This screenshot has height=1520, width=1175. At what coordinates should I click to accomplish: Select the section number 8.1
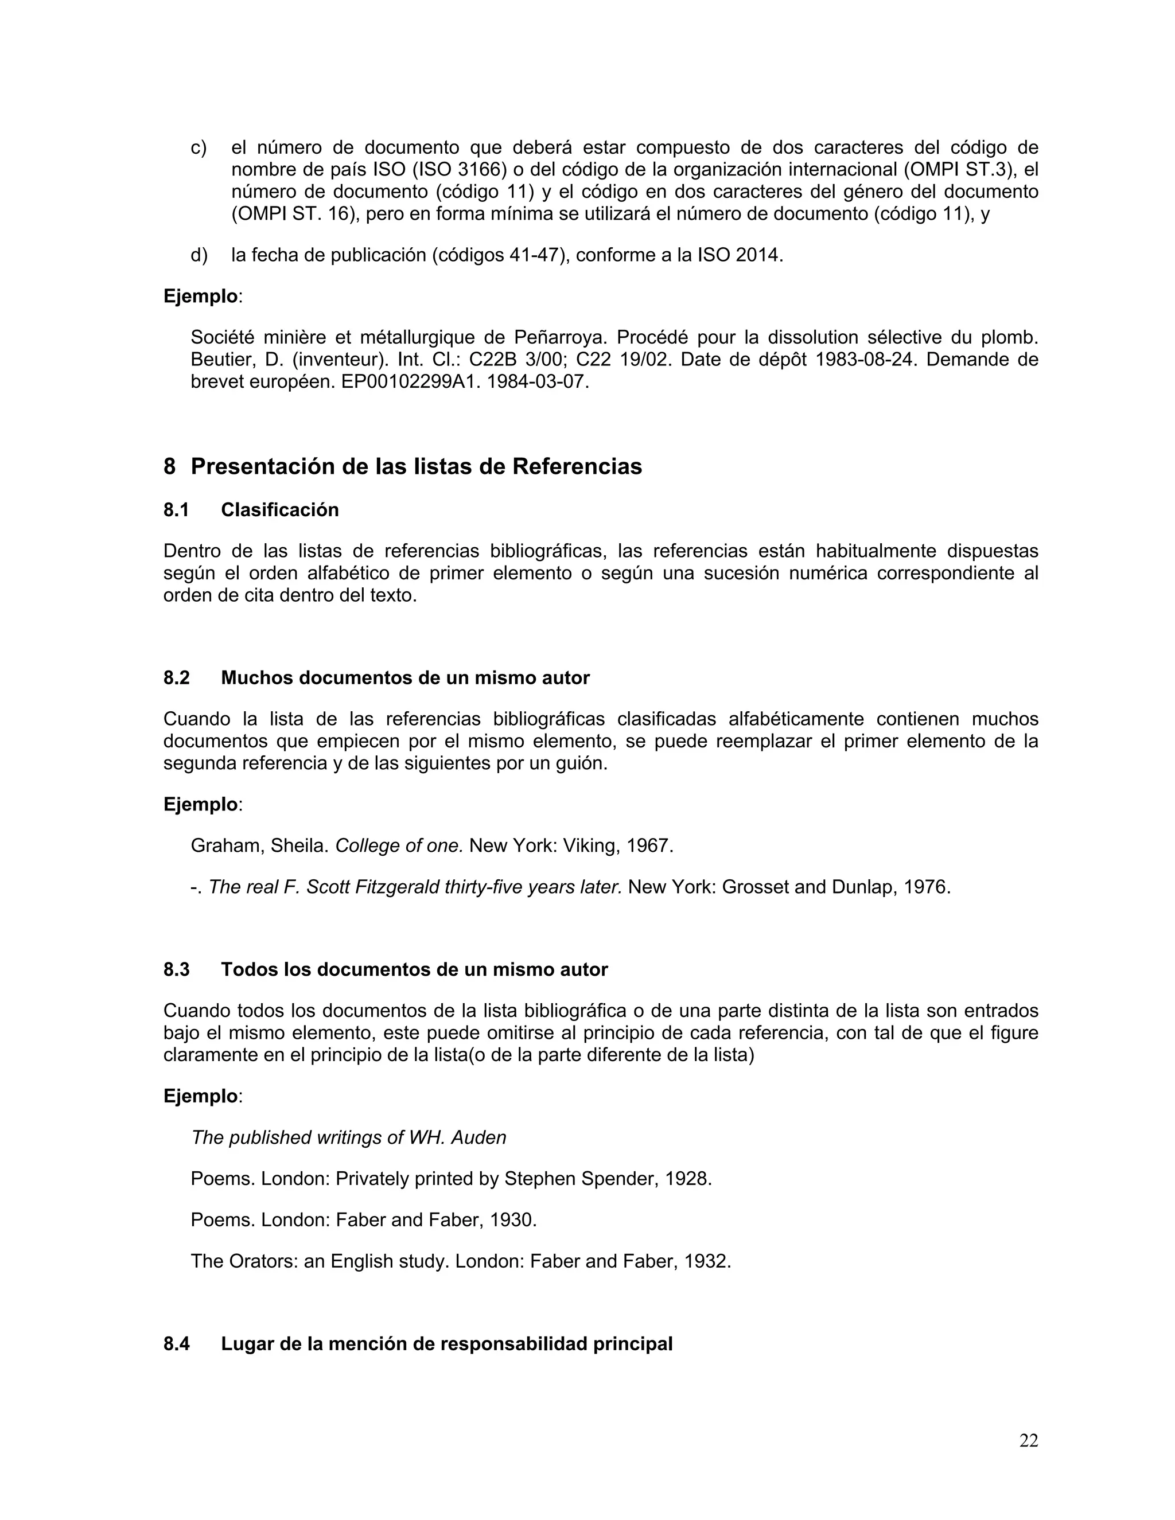[176, 510]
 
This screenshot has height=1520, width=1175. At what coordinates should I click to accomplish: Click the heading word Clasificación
[280, 510]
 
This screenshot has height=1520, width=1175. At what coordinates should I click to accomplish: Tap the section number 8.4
[176, 1344]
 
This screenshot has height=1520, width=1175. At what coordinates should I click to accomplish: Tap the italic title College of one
[399, 846]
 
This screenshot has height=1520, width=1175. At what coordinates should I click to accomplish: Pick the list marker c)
[199, 147]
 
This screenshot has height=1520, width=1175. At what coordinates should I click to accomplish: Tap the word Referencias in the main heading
[577, 466]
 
